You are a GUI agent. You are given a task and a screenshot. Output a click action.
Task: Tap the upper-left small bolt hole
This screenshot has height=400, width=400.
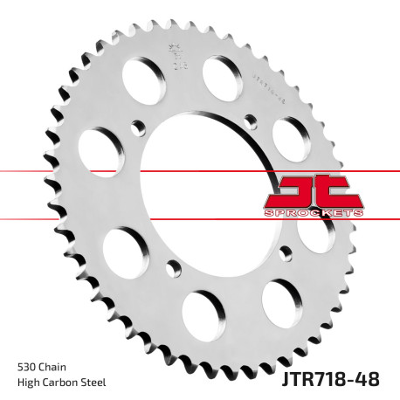coord(136,127)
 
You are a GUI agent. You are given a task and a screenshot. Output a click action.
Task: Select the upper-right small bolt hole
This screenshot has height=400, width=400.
coord(249,117)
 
